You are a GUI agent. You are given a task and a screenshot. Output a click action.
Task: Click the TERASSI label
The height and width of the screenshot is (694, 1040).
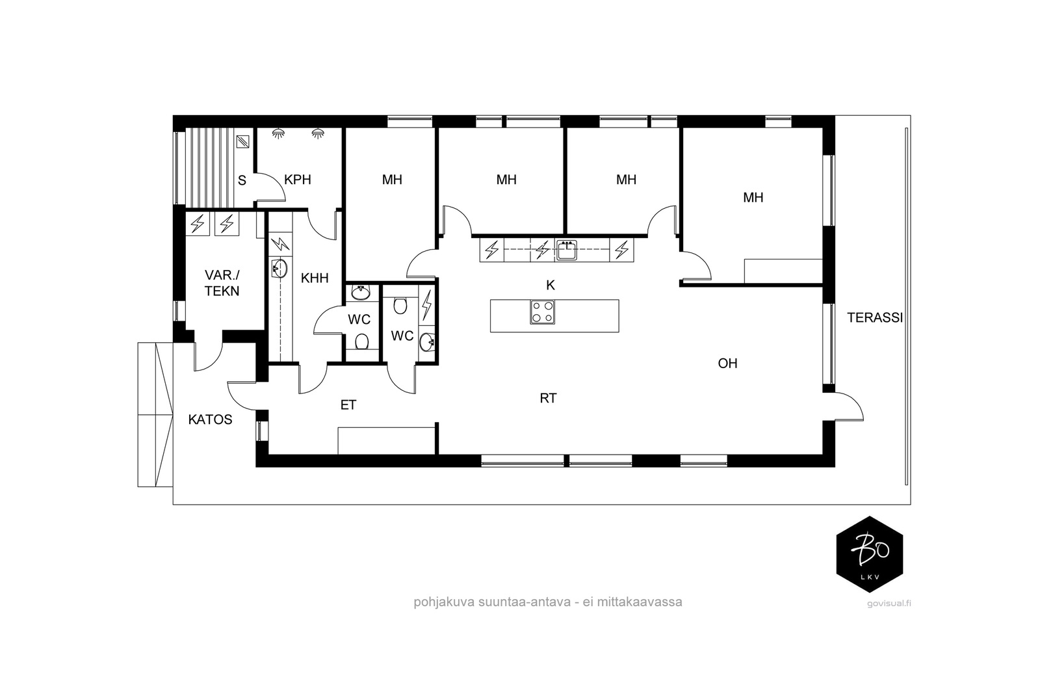[x=875, y=318]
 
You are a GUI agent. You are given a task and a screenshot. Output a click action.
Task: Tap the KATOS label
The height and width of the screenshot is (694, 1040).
[x=211, y=420]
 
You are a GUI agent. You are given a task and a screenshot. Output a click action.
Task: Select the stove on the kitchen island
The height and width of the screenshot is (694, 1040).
[x=542, y=312]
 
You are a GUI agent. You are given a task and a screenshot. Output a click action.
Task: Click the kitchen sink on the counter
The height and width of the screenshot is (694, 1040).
[x=566, y=250]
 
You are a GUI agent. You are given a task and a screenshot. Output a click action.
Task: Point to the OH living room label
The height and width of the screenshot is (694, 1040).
[x=727, y=363]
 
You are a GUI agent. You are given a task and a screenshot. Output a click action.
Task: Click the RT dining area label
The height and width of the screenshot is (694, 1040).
[x=549, y=399]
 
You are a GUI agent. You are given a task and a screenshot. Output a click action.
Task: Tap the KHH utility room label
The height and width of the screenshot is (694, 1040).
[x=315, y=278]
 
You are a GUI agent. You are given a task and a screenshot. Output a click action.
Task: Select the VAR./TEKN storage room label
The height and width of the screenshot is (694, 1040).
[x=222, y=284]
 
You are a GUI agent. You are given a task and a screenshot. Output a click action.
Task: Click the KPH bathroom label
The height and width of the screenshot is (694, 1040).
[x=298, y=180]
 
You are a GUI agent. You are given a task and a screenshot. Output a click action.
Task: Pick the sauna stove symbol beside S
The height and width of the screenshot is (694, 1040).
[x=243, y=141]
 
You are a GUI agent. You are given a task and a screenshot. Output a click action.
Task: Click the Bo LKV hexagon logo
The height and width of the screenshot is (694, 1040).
[x=870, y=554]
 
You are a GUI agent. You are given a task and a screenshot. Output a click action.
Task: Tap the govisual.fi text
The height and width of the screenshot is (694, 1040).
[x=889, y=604]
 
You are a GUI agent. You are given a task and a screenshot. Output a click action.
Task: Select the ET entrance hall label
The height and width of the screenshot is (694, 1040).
[x=348, y=405]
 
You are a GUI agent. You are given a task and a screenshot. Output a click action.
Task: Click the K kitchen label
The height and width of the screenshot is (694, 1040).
[x=551, y=286]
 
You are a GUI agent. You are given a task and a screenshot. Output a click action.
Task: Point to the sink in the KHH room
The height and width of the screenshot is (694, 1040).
[x=279, y=268]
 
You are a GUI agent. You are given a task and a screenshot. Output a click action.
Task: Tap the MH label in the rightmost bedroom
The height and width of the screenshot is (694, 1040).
[x=753, y=198]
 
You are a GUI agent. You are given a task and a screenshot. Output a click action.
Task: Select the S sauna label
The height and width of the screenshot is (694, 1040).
[x=242, y=181]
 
